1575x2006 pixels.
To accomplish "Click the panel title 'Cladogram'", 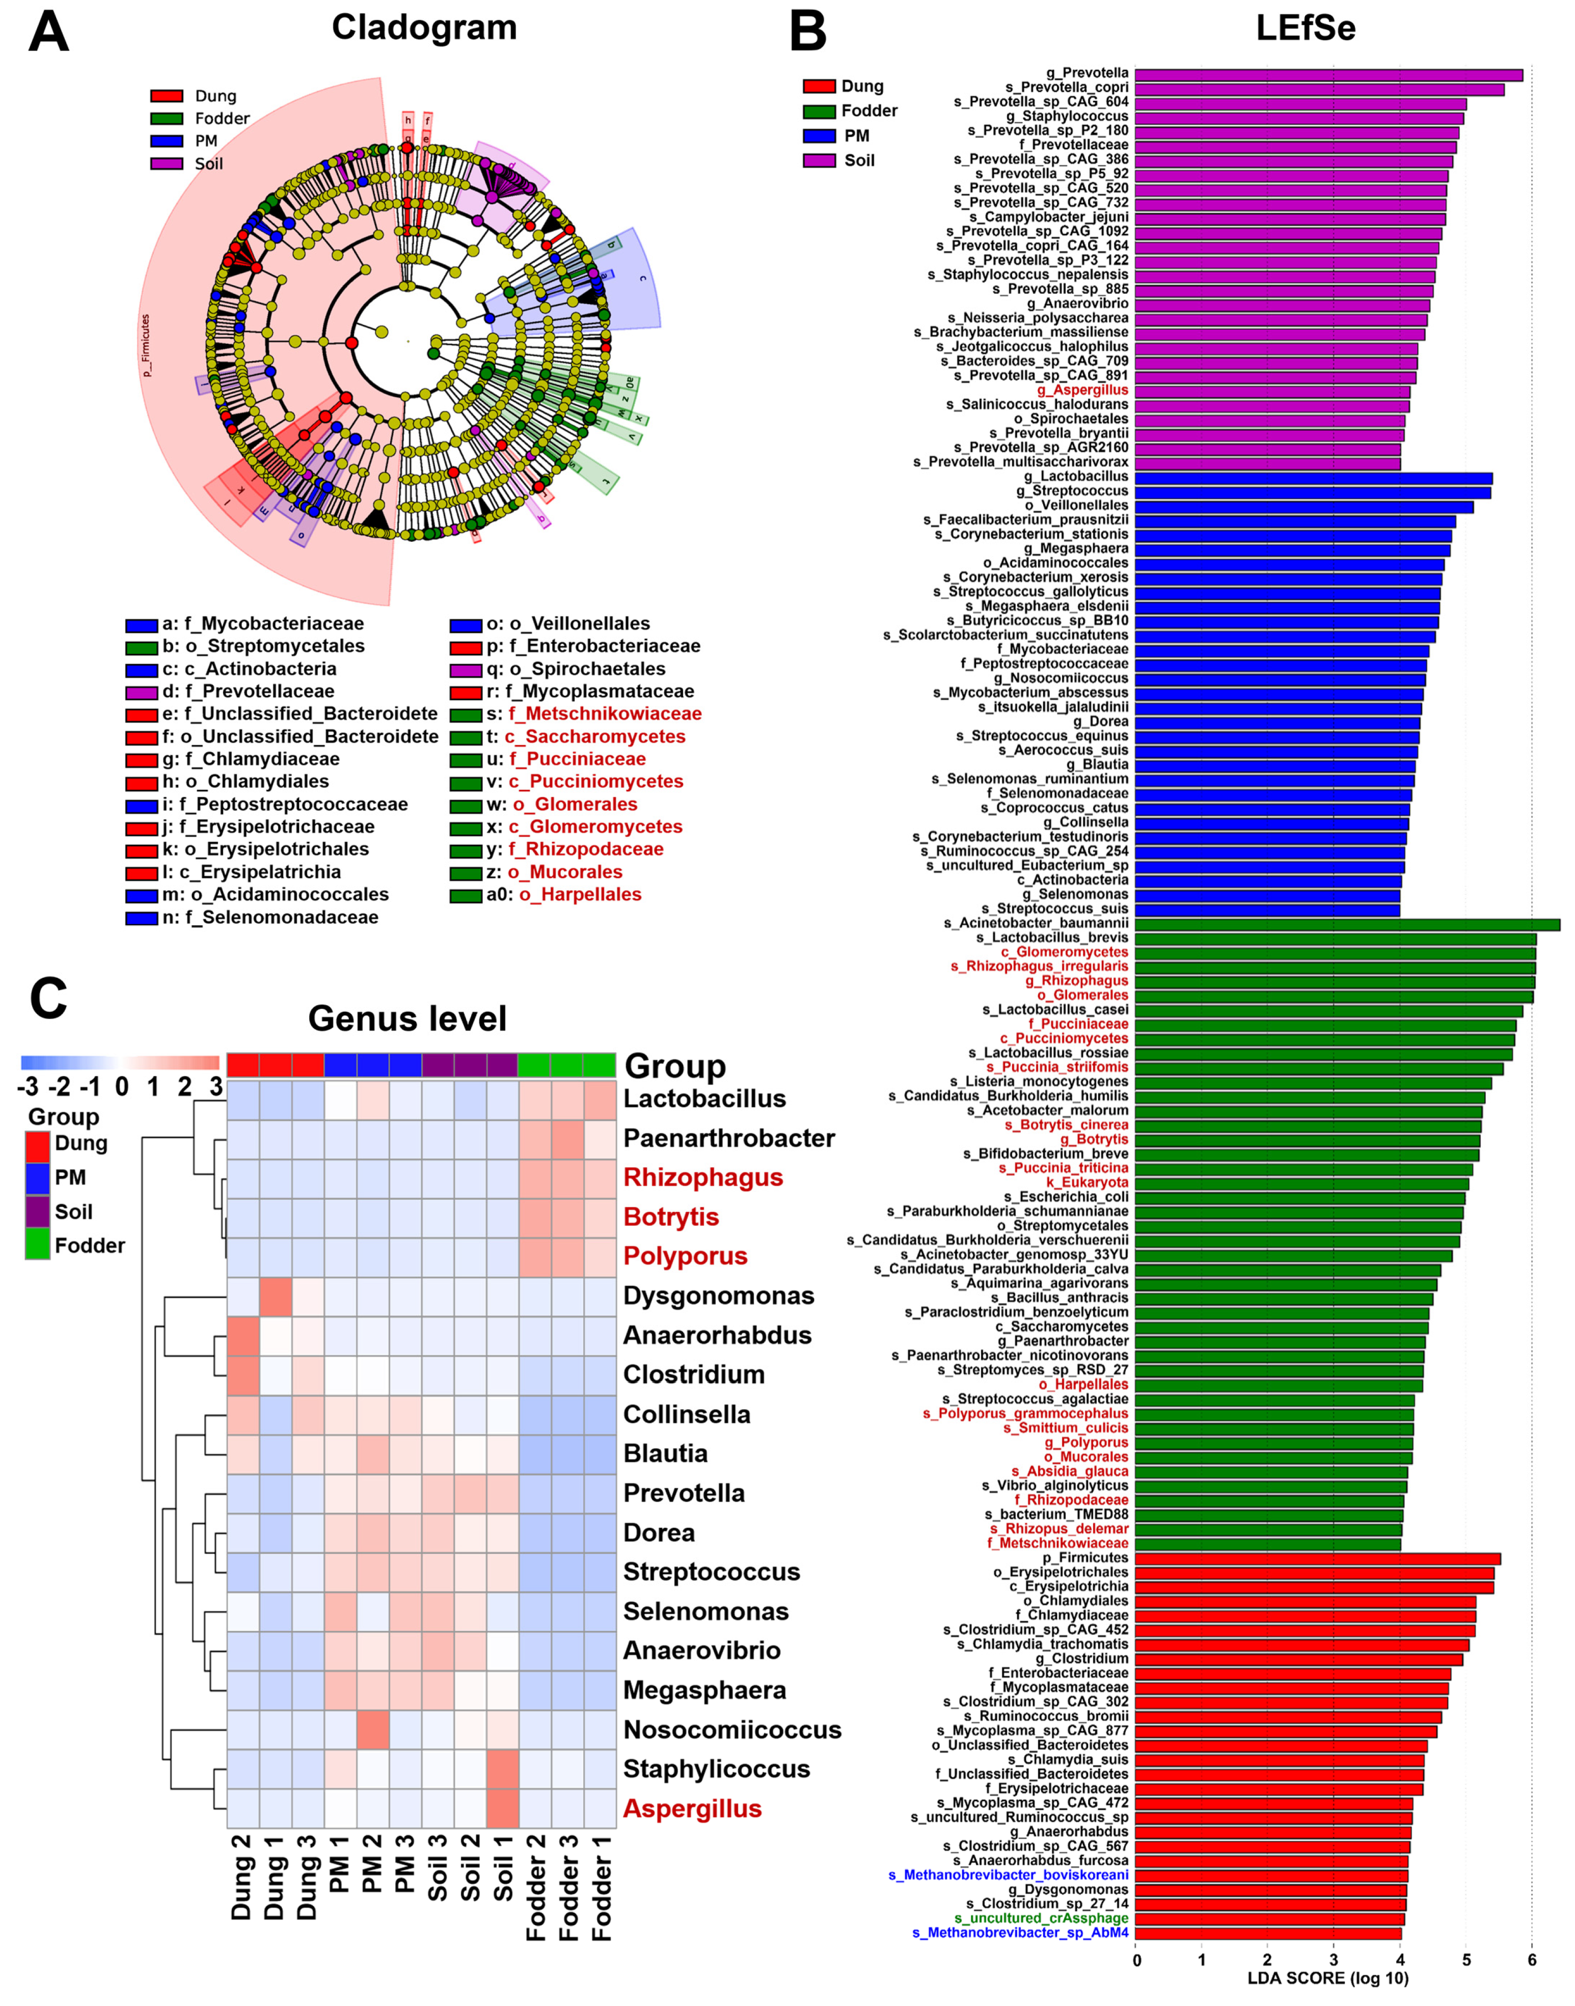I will [424, 28].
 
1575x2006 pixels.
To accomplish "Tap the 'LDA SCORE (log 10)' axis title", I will [1328, 1977].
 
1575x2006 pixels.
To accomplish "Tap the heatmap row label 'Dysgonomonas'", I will [718, 1296].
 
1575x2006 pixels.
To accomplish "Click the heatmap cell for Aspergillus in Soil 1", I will [503, 1809].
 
